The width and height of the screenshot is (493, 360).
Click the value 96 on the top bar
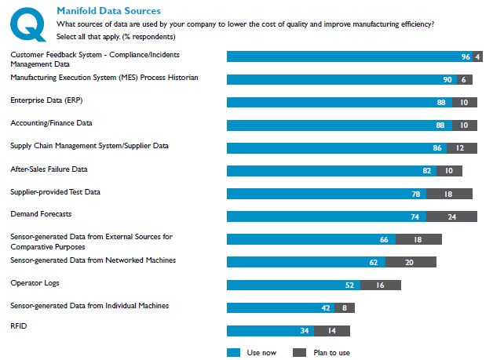pos(466,56)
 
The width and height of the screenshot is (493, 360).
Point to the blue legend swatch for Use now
pos(233,352)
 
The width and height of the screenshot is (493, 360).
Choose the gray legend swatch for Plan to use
pos(299,352)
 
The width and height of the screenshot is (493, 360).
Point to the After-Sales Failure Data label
pos(49,169)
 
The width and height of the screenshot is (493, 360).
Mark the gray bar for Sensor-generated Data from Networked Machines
pos(410,263)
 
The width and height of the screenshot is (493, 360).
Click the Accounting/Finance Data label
pos(50,123)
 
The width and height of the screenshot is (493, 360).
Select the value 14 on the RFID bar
pos(333,331)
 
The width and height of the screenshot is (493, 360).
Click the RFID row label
pos(17,328)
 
